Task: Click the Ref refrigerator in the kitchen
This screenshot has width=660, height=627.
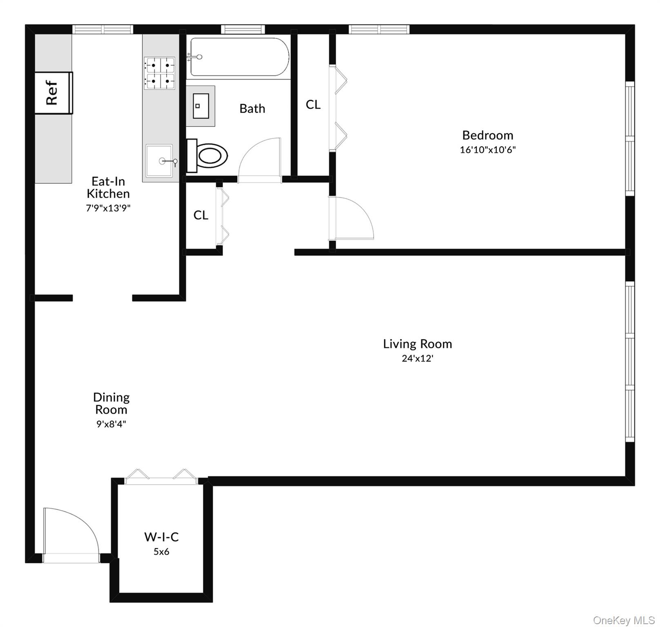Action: (54, 93)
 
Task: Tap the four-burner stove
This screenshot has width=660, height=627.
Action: (160, 73)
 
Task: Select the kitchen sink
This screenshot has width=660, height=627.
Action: (159, 161)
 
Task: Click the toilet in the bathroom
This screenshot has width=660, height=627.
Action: (208, 156)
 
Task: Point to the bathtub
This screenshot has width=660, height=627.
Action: (239, 57)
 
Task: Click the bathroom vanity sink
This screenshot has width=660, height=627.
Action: (201, 106)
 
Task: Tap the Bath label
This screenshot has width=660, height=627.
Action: (252, 109)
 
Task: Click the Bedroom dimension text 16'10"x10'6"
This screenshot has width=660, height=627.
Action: (488, 150)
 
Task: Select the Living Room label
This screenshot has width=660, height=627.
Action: (417, 344)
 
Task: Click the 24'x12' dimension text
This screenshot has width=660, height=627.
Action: (417, 358)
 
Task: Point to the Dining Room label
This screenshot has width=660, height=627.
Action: (111, 403)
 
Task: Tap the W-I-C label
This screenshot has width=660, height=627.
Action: (161, 537)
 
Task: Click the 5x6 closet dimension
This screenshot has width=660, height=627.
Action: (161, 552)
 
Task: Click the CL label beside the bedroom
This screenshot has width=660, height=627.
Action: (313, 105)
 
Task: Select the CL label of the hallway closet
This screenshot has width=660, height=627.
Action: (201, 215)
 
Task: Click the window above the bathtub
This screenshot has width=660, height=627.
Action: (243, 29)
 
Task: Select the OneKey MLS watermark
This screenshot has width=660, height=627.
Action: (624, 620)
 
